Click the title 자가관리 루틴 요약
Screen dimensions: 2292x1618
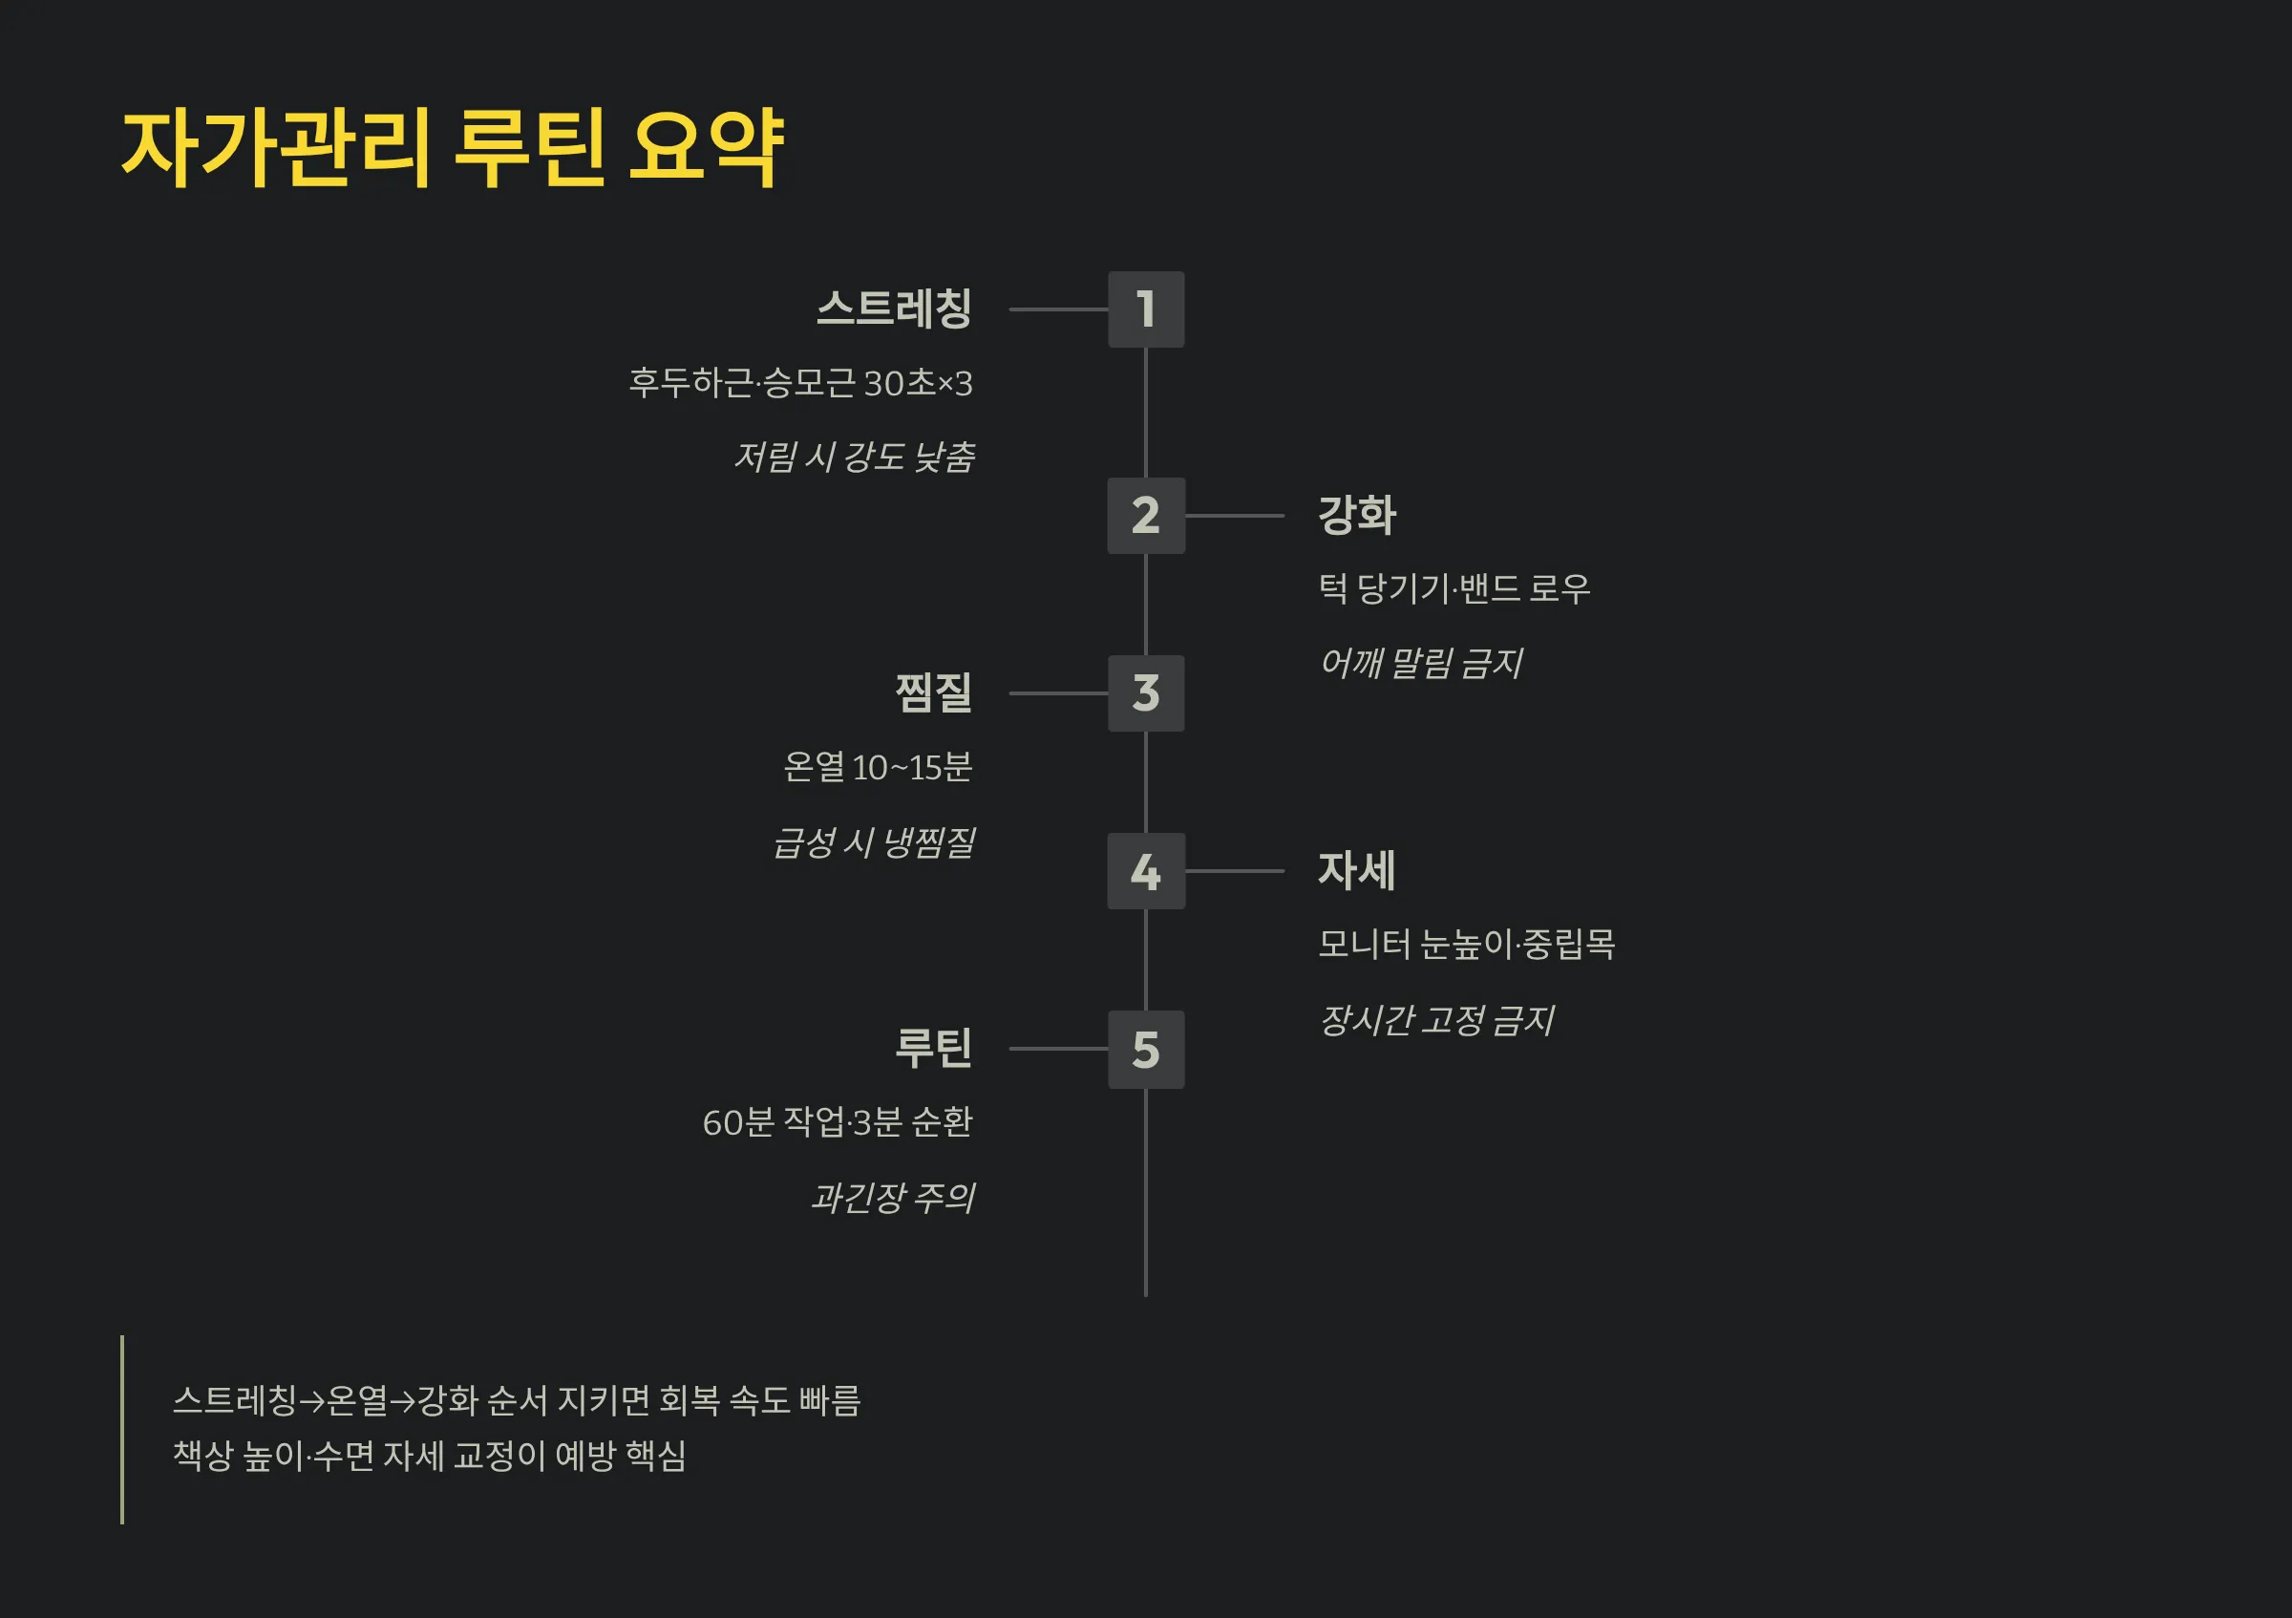coord(453,148)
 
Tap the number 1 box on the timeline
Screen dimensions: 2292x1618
coord(1145,309)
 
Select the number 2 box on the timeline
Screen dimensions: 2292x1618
coord(1145,515)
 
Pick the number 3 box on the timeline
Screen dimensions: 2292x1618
coord(1145,692)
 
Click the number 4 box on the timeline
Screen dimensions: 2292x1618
coord(1145,870)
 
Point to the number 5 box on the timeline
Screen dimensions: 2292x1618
coord(1145,1049)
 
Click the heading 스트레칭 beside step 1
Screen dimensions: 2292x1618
coord(894,309)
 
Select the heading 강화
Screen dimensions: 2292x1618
coord(1357,515)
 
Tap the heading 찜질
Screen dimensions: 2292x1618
coord(932,692)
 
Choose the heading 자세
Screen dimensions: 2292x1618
coord(1357,870)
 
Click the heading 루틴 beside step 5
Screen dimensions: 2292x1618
coord(932,1048)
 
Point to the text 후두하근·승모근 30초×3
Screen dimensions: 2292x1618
coord(799,383)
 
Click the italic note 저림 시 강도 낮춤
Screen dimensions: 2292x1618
coord(854,458)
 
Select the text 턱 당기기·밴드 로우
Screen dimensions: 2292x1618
coord(1454,589)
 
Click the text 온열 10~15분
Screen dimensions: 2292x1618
coord(877,768)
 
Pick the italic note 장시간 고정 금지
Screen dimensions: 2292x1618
coord(1436,1020)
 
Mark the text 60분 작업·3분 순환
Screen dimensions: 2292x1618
coord(837,1123)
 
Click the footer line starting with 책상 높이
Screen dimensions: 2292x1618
coord(429,1457)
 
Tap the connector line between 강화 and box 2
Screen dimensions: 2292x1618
coord(1234,516)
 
